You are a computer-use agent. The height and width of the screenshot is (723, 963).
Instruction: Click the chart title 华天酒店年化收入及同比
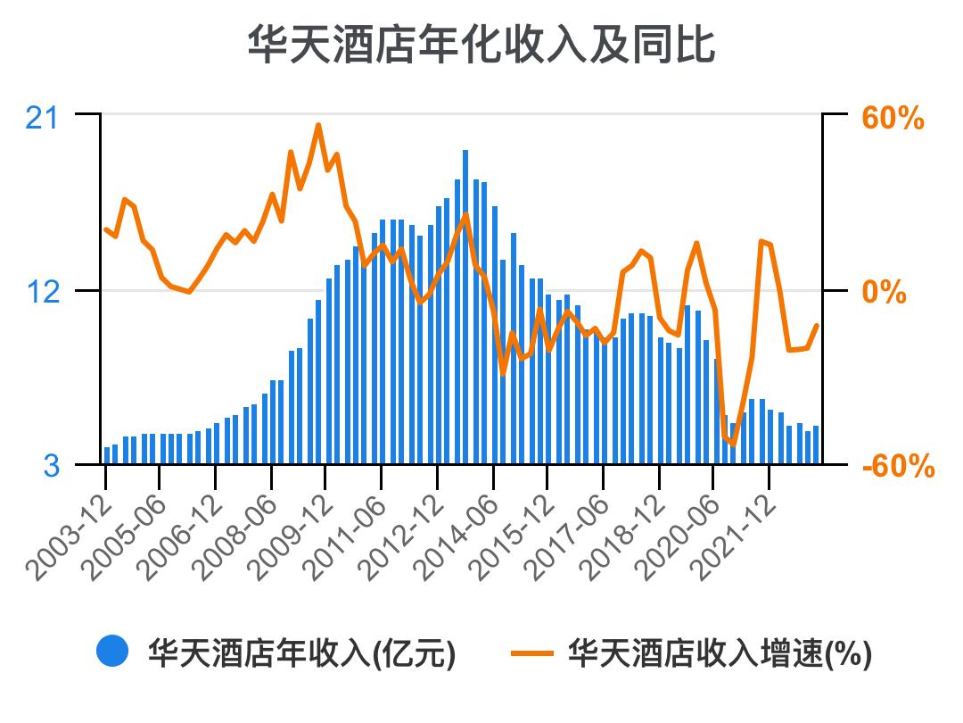pos(481,45)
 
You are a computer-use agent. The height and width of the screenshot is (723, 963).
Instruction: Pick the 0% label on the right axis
pos(883,292)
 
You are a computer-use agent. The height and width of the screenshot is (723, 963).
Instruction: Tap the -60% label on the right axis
pos(897,466)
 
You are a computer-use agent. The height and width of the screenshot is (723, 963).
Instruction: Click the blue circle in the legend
pos(113,652)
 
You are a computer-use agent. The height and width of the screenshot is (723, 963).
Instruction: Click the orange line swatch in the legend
pos(534,652)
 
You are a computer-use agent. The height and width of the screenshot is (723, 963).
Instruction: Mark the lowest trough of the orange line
pos(733,444)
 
